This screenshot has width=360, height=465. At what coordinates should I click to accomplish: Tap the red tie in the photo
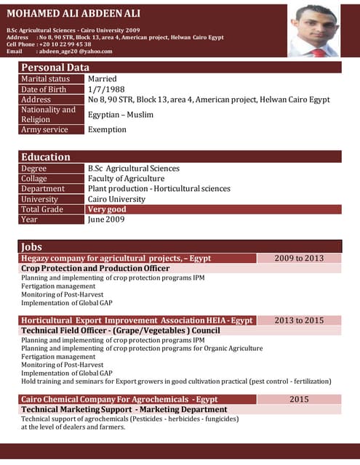point(319,53)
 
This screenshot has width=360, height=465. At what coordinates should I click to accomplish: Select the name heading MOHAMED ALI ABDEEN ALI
point(73,14)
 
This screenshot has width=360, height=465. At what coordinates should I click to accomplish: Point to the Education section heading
point(46,157)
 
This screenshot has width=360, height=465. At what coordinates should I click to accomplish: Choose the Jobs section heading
point(32,247)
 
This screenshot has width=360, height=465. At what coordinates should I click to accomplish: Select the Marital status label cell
point(45,78)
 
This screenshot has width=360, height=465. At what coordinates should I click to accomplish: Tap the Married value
point(103,78)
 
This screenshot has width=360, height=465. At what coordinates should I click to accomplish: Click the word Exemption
point(107,129)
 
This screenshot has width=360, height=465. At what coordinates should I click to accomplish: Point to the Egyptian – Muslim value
point(121,114)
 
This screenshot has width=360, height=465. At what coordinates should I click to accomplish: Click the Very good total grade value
point(107,209)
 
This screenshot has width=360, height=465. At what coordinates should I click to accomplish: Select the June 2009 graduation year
point(106,219)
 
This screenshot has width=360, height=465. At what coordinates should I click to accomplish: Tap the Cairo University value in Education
point(117,199)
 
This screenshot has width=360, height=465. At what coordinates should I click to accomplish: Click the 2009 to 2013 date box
point(299,258)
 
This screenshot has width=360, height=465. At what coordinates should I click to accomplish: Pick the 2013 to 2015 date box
point(299,320)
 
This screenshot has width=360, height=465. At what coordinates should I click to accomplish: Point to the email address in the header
point(76,52)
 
